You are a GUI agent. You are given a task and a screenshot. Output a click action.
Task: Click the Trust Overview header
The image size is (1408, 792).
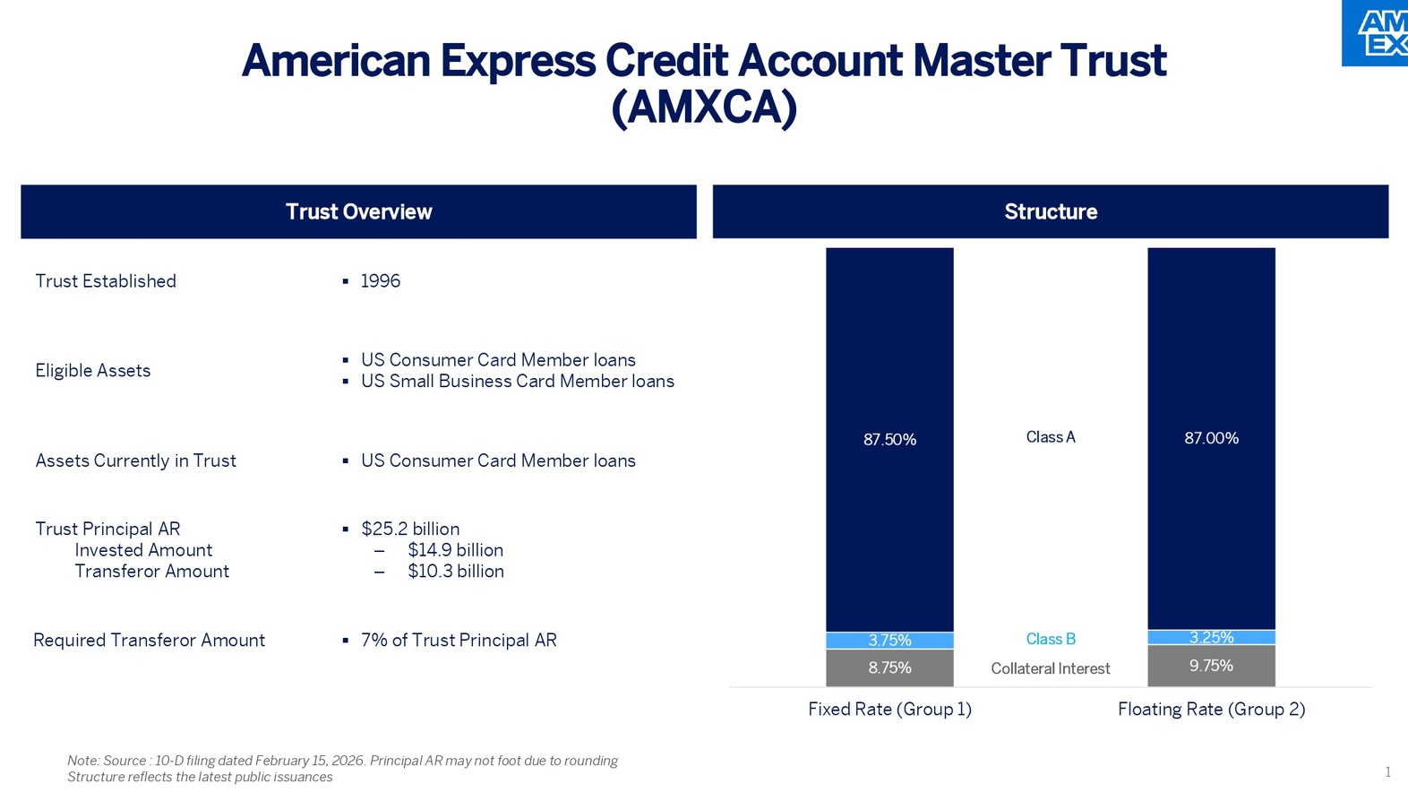(358, 212)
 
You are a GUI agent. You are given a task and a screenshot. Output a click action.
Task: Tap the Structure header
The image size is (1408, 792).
(1050, 212)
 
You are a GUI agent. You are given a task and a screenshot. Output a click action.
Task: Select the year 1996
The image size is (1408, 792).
(380, 281)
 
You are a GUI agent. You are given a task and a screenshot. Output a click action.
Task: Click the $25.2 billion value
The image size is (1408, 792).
(409, 529)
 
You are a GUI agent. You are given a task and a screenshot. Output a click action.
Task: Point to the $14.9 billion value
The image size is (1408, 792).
(455, 550)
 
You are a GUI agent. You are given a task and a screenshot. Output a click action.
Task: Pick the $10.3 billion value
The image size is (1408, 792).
(455, 572)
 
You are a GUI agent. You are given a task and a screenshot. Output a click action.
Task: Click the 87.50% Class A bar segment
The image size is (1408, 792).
(889, 439)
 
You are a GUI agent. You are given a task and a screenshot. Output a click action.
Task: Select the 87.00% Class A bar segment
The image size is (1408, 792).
(1211, 438)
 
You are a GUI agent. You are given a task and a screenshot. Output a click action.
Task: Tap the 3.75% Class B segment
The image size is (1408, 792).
(889, 641)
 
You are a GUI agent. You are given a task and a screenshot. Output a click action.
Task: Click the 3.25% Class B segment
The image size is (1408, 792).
(1211, 638)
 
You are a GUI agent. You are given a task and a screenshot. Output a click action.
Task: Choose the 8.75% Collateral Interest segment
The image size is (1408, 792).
(889, 668)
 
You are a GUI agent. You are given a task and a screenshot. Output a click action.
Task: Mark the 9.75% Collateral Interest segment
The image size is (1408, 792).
(1211, 666)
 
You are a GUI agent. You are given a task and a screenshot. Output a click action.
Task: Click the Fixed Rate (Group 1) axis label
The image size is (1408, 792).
(889, 710)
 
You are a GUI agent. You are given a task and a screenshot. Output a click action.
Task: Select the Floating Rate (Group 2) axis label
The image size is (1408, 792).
(1211, 710)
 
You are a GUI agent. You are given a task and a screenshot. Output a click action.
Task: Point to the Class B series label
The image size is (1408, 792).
(1051, 640)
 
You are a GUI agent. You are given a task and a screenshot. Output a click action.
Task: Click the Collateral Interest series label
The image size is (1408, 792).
(1050, 669)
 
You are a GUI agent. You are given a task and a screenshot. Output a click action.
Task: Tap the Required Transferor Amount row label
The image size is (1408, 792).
(149, 641)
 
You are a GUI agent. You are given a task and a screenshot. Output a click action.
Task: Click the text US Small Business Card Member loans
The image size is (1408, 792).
(517, 382)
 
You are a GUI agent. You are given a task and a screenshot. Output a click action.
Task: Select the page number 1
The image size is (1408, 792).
(1387, 772)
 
